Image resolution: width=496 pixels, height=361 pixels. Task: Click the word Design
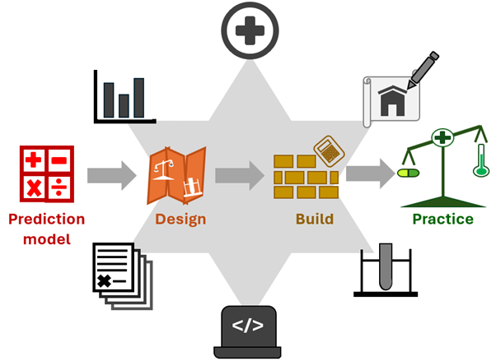[180, 220]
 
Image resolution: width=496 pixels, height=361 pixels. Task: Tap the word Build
[315, 219]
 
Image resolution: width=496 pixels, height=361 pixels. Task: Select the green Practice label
[443, 219]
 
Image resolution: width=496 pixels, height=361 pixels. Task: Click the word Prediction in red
[47, 219]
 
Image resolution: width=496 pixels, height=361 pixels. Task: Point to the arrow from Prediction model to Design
[112, 176]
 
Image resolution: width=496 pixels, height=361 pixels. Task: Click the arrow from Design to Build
[240, 176]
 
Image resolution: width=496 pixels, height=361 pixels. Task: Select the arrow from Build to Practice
[371, 174]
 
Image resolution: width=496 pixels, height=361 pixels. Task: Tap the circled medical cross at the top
[250, 30]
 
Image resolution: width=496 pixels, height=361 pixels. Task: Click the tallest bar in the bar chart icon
[139, 98]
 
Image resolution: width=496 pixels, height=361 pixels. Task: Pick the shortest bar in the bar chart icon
[124, 106]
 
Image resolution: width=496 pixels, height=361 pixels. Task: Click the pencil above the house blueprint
[423, 70]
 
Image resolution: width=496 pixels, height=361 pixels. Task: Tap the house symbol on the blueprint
[392, 101]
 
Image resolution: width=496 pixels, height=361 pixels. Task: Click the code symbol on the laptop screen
[248, 326]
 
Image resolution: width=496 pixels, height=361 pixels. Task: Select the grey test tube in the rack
[386, 266]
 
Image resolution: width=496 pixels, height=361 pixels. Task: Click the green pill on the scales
[408, 173]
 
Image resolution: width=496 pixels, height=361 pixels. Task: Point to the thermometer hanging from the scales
[481, 160]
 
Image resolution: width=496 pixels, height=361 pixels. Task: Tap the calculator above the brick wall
[330, 151]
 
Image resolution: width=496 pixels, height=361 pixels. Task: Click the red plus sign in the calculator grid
[33, 160]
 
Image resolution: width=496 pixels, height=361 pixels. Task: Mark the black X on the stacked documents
[105, 280]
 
